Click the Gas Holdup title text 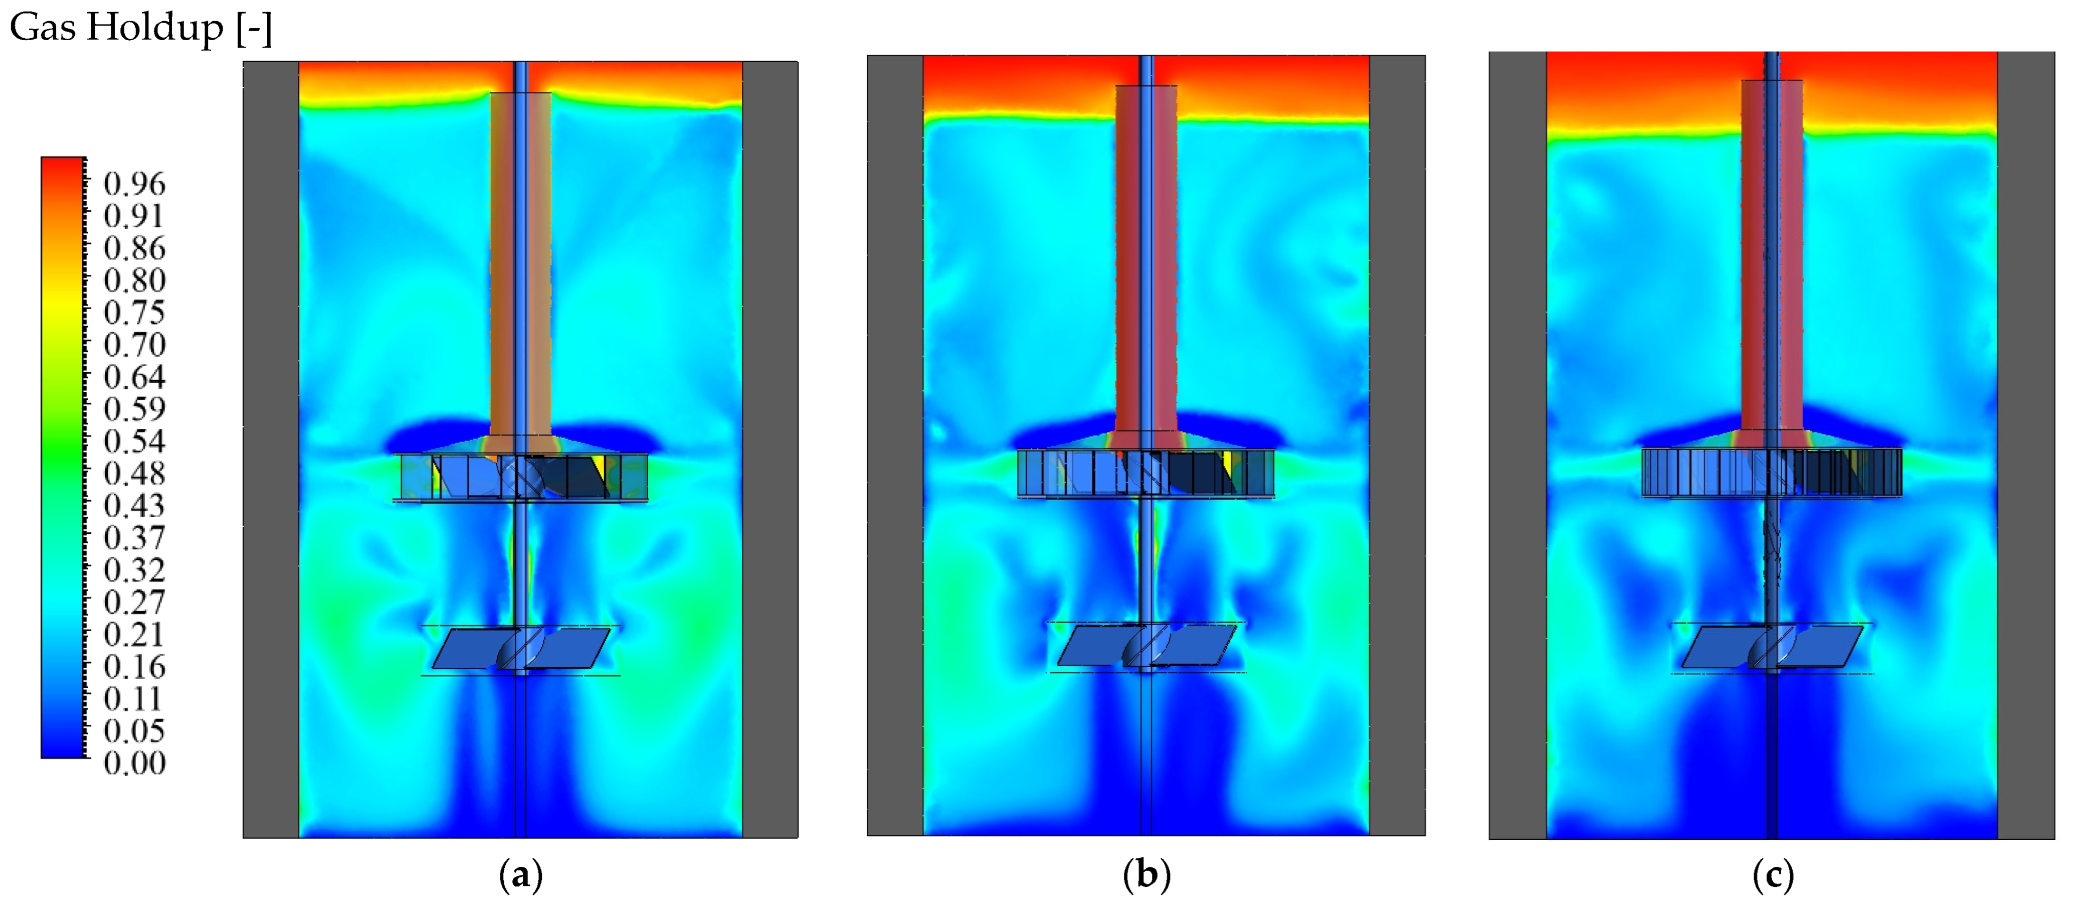click(x=140, y=28)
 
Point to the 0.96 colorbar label click(x=134, y=184)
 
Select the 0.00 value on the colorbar click(x=134, y=763)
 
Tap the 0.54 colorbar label click(x=134, y=441)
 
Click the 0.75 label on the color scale click(x=134, y=312)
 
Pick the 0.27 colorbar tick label click(x=134, y=601)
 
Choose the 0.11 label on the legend click(x=134, y=698)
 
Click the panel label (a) click(x=520, y=875)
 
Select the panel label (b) click(x=1146, y=875)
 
